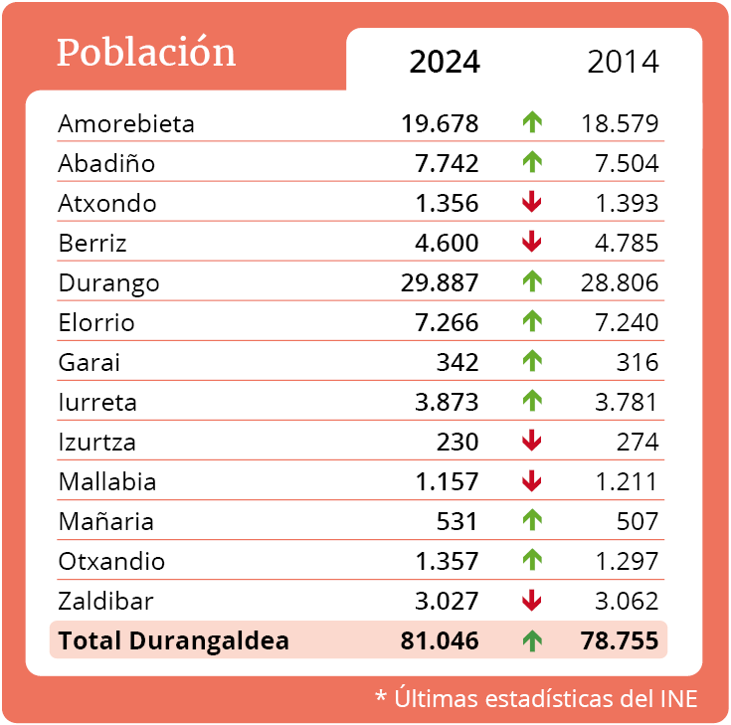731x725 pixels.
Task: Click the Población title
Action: [x=146, y=53]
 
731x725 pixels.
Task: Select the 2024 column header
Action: [x=445, y=62]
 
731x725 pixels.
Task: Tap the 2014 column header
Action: [x=624, y=62]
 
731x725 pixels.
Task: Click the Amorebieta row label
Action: [x=126, y=124]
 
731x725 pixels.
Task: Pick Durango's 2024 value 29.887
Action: [x=441, y=283]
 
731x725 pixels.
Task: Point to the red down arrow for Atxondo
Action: [x=532, y=203]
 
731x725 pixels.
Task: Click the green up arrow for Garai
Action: [x=532, y=362]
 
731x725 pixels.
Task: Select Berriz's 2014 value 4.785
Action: [x=620, y=244]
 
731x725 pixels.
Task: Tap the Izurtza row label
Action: [x=97, y=443]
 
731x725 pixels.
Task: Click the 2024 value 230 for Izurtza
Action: [x=457, y=443]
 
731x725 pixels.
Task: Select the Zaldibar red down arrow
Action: [x=532, y=601]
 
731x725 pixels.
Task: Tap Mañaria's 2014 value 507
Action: [x=638, y=522]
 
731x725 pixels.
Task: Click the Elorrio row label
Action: [x=96, y=323]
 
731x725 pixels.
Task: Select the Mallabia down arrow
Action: [x=532, y=481]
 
